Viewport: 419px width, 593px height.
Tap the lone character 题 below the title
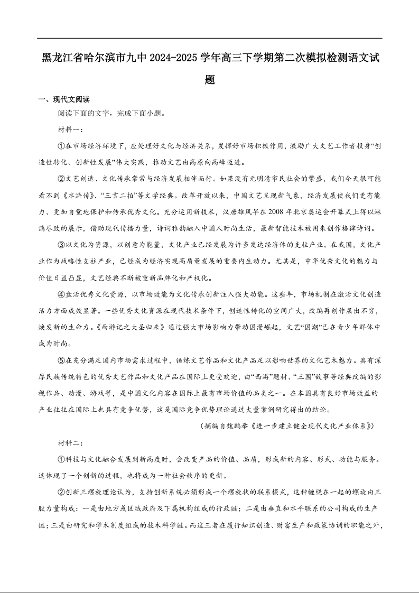coord(210,80)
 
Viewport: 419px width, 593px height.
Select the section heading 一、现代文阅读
coord(64,99)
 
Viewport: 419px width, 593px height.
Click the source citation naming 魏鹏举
coord(287,426)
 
